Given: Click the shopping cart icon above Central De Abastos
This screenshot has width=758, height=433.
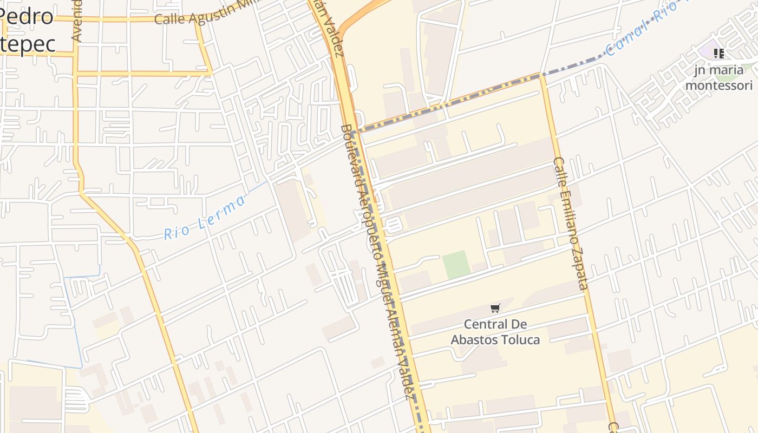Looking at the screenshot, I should click(495, 309).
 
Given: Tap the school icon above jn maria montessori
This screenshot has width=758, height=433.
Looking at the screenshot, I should click(718, 53).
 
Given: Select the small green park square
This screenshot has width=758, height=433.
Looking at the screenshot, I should click(456, 265).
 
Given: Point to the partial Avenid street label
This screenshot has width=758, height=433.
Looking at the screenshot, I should click(77, 21).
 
